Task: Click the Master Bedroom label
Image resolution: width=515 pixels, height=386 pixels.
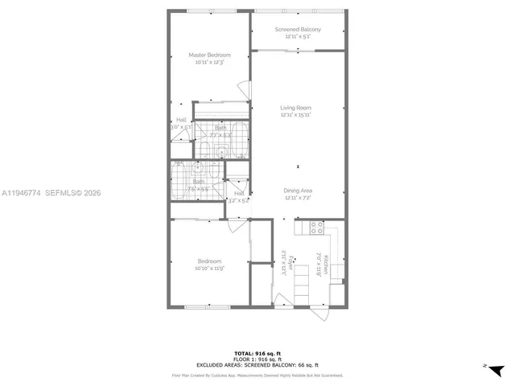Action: point(209,55)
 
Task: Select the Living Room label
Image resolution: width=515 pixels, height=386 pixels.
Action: point(295,108)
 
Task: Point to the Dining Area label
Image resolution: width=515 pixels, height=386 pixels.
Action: point(297,191)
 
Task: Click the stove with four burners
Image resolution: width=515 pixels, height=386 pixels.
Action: point(316,227)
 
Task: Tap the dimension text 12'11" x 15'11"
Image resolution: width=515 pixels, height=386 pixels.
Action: point(295,115)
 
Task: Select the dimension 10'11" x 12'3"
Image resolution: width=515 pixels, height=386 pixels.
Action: point(209,62)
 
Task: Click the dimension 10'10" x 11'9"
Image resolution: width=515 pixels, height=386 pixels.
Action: point(209,269)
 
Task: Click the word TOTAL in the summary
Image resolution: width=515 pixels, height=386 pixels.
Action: point(242,353)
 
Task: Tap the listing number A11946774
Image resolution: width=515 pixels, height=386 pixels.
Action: point(20,193)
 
